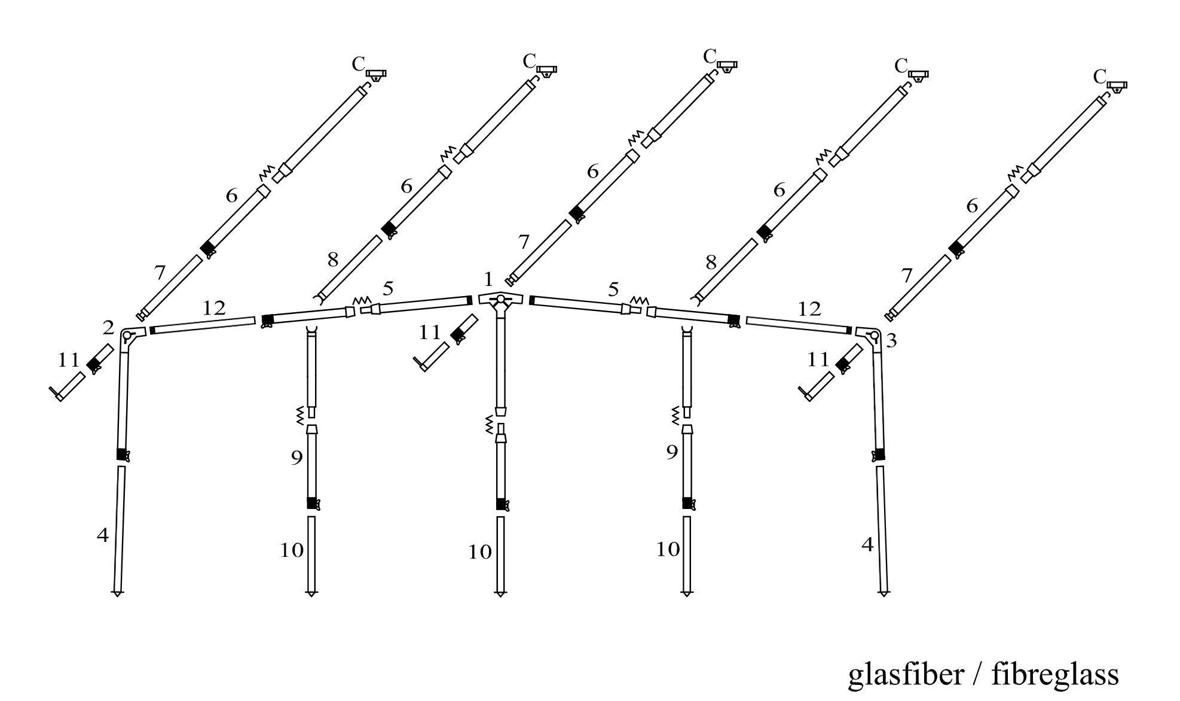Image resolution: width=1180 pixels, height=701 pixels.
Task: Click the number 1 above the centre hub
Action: point(489,279)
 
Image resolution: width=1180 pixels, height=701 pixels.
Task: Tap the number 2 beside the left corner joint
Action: point(108,328)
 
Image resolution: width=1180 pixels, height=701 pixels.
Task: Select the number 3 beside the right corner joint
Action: point(891,341)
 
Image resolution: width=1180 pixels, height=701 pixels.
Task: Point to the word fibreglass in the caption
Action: point(1055,675)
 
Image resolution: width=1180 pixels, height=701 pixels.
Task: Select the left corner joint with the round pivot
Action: point(131,336)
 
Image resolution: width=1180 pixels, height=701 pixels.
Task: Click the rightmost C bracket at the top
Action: point(1116,87)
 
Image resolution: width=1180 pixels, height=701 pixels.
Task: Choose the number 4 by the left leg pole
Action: point(103,535)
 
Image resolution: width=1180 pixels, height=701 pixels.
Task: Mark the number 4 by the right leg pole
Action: point(867,545)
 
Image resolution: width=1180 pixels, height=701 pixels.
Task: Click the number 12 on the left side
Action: point(214,308)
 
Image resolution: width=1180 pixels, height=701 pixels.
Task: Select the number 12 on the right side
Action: point(810,309)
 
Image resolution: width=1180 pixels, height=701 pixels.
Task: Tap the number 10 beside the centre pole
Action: point(479,552)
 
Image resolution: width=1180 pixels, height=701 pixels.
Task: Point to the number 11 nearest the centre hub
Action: point(429,333)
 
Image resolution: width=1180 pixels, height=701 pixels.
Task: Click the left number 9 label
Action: point(296,458)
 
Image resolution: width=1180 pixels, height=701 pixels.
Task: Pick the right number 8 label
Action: point(711,262)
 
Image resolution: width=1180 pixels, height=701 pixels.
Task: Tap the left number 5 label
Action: point(388,289)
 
